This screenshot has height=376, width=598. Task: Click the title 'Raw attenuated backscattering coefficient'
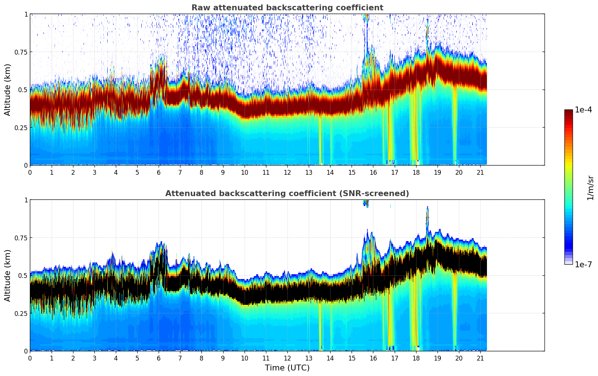pyautogui.click(x=287, y=8)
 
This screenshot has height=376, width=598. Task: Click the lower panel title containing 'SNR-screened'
pyautogui.click(x=287, y=194)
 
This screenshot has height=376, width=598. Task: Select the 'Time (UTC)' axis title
pyautogui.click(x=287, y=368)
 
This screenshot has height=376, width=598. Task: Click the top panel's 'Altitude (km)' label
pyautogui.click(x=8, y=90)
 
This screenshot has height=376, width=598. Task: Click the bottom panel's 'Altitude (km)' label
pyautogui.click(x=8, y=275)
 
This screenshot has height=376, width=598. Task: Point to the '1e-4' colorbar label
pyautogui.click(x=583, y=110)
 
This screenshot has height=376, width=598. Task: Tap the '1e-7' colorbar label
pyautogui.click(x=583, y=264)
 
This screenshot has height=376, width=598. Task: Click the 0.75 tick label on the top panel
pyautogui.click(x=21, y=52)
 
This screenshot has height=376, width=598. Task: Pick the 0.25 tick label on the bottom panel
pyautogui.click(x=21, y=313)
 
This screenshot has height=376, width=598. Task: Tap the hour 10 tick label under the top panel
pyautogui.click(x=244, y=173)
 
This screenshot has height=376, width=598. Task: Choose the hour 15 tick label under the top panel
pyautogui.click(x=352, y=173)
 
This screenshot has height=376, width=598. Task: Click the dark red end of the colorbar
pyautogui.click(x=568, y=112)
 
